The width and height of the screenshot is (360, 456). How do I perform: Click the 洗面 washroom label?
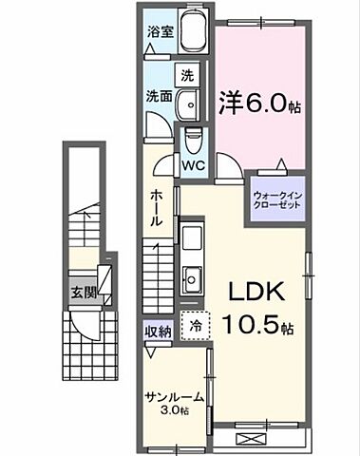pyautogui.click(x=158, y=96)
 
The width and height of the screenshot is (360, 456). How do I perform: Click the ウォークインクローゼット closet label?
pyautogui.click(x=277, y=200)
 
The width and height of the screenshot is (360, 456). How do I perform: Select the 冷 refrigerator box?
pyautogui.click(x=193, y=324)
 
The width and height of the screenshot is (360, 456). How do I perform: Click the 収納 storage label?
pyautogui.click(x=158, y=331)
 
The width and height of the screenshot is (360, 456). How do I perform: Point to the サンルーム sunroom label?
pyautogui.click(x=172, y=396)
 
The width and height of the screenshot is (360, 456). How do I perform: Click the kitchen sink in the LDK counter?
pyautogui.click(x=191, y=279)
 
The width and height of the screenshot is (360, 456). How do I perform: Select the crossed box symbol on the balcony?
pyautogui.click(x=254, y=439)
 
